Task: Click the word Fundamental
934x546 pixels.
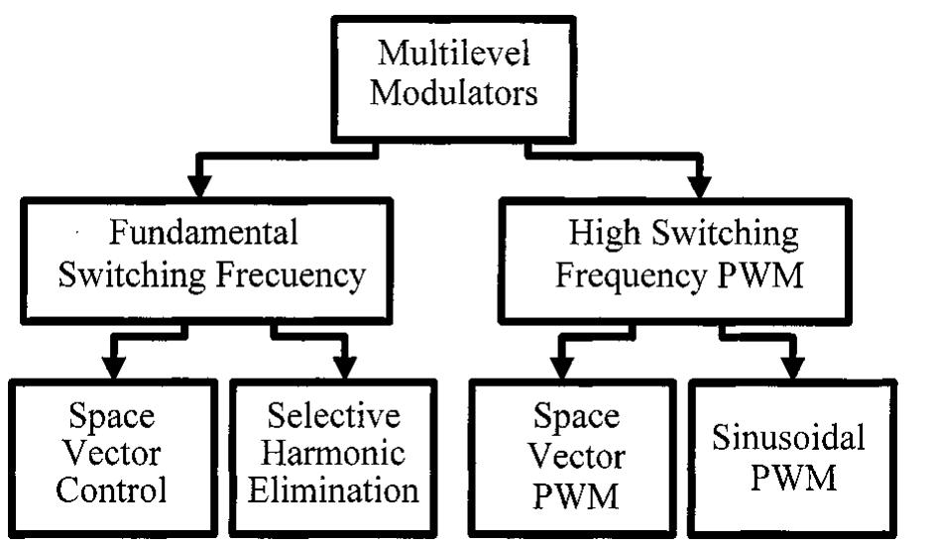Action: click(x=203, y=233)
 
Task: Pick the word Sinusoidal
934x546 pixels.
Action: click(x=789, y=436)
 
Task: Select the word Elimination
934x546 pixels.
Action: click(x=332, y=490)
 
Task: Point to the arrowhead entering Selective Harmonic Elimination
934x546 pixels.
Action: click(x=343, y=366)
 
